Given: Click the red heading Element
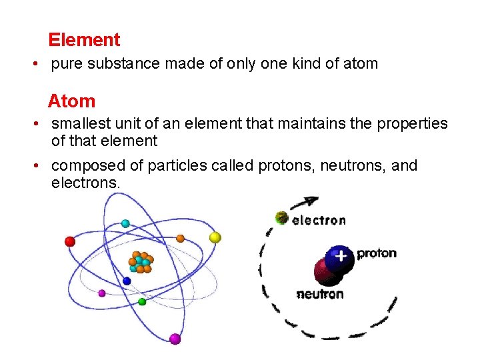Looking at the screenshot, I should (x=84, y=40).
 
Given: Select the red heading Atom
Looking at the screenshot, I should (x=71, y=101).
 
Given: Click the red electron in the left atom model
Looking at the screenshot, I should (x=70, y=241).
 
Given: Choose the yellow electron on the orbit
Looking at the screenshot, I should (x=215, y=237).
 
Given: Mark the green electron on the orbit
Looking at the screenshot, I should (x=142, y=302).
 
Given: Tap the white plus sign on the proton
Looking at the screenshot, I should (x=341, y=255).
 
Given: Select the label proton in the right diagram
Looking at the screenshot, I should (x=377, y=253).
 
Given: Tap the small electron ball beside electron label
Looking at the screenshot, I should (x=282, y=217).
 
